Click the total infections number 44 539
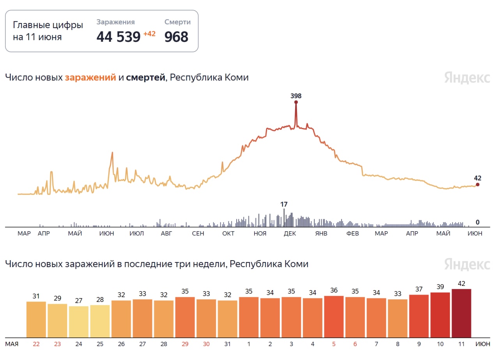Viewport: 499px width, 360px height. pyautogui.click(x=118, y=37)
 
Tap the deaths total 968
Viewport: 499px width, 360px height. pyautogui.click(x=176, y=37)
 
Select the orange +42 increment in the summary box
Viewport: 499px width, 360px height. pyautogui.click(x=149, y=34)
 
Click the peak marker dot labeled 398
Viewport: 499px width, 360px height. pyautogui.click(x=296, y=102)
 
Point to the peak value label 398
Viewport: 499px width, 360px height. pyautogui.click(x=296, y=96)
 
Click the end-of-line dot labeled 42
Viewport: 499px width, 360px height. pyautogui.click(x=478, y=185)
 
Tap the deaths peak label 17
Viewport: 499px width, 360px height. pyautogui.click(x=284, y=204)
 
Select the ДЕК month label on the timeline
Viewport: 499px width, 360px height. pyautogui.click(x=290, y=234)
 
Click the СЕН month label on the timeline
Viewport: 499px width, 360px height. pyautogui.click(x=198, y=234)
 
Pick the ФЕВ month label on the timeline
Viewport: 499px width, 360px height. pyautogui.click(x=352, y=234)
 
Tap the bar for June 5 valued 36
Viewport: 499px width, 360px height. pyautogui.click(x=334, y=317)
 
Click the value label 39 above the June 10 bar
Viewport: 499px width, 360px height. pyautogui.click(x=440, y=287)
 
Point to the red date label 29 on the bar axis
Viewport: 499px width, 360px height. pyautogui.click(x=185, y=344)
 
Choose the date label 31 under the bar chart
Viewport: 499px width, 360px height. pyautogui.click(x=227, y=344)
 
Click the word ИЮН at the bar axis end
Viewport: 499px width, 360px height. pyautogui.click(x=483, y=344)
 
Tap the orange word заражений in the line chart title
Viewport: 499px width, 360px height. pyautogui.click(x=90, y=77)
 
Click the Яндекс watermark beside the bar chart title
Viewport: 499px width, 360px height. pyautogui.click(x=467, y=264)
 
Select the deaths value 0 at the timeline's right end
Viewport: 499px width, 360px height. pyautogui.click(x=477, y=222)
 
